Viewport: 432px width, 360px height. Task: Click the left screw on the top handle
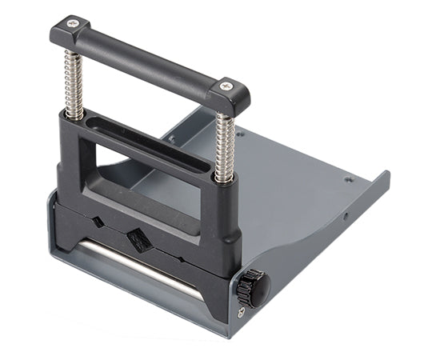pyautogui.click(x=74, y=23)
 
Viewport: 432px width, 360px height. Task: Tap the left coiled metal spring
pyautogui.click(x=74, y=79)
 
